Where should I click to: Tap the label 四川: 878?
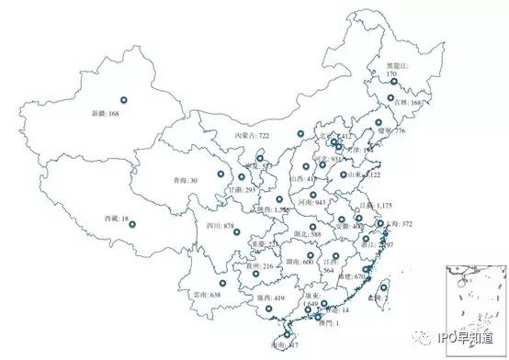click(221, 225)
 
